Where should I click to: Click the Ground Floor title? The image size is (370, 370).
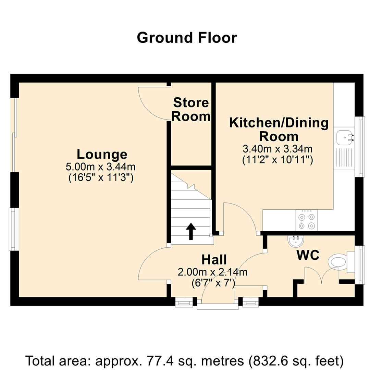click(x=187, y=38)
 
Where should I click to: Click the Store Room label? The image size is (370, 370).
click(x=191, y=110)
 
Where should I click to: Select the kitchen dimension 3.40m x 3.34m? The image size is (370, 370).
click(x=277, y=149)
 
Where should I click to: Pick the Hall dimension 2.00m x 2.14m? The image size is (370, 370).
click(x=212, y=272)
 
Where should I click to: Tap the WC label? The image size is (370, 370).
click(x=308, y=255)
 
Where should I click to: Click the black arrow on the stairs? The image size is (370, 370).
click(x=191, y=232)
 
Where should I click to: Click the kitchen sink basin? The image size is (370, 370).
click(x=344, y=138)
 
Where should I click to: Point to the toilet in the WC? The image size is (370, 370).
click(x=339, y=262)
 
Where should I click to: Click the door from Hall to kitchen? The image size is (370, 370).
click(x=240, y=216)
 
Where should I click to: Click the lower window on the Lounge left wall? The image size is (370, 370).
click(x=13, y=229)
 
